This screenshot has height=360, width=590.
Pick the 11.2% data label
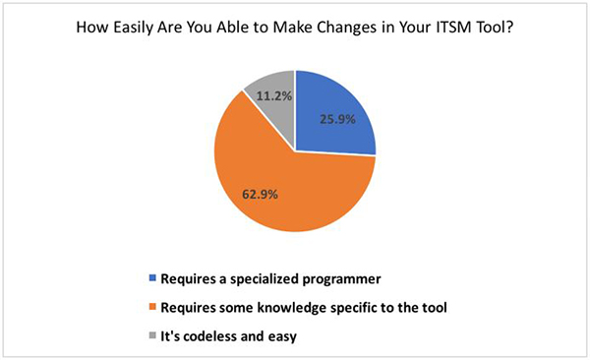[x=271, y=96]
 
